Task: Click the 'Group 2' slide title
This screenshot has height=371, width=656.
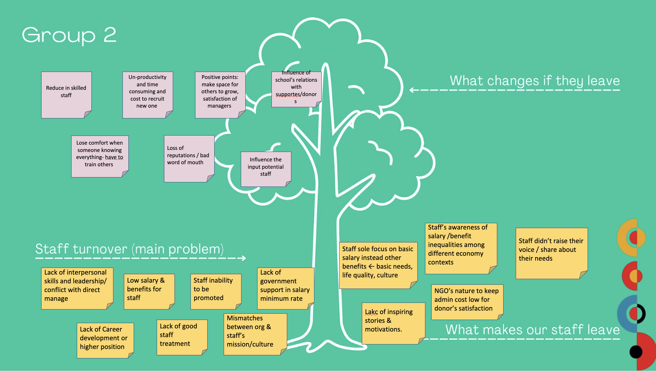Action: tap(69, 35)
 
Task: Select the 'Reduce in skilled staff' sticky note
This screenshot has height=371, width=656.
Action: tap(66, 95)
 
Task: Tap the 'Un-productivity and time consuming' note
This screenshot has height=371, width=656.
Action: tap(148, 95)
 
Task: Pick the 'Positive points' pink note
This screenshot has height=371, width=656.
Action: tap(220, 95)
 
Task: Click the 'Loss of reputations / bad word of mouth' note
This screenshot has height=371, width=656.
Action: tap(189, 158)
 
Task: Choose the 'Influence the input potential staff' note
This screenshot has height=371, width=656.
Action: tap(266, 169)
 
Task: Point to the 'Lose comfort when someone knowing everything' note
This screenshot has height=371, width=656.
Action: tap(100, 156)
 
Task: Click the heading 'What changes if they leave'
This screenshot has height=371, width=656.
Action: tap(535, 81)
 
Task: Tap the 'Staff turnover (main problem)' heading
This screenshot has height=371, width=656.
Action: tap(129, 249)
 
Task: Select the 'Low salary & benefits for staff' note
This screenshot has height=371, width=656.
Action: tap(149, 291)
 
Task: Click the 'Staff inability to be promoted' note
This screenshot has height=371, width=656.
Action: tap(216, 291)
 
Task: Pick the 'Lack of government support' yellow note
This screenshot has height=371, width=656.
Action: tap(285, 288)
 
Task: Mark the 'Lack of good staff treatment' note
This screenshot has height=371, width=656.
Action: tap(182, 337)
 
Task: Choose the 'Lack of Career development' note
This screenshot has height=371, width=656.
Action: tap(105, 340)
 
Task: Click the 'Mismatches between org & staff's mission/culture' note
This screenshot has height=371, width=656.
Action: tap(255, 334)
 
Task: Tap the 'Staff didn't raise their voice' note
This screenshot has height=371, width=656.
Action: tap(551, 253)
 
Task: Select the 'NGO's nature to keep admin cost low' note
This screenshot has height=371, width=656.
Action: tap(467, 302)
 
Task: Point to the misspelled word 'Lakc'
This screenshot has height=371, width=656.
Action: tap(371, 312)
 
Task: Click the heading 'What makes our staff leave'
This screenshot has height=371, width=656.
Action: tap(532, 330)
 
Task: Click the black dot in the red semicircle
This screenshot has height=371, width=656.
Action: tap(636, 352)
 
